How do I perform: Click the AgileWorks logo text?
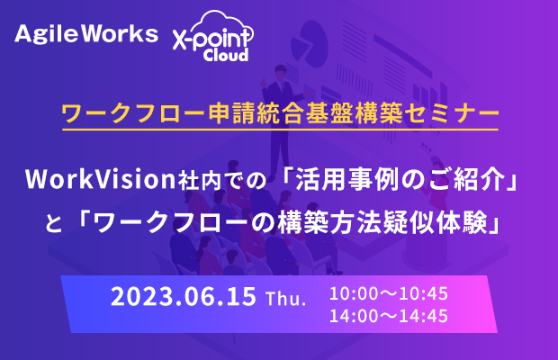tap(86, 34)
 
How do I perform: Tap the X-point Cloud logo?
tap(213, 36)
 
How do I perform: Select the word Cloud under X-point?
tap(226, 55)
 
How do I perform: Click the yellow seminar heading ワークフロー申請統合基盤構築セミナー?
tap(281, 113)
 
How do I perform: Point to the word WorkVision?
tap(101, 179)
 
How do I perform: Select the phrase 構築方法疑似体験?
tap(382, 222)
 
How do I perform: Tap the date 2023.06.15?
tap(184, 296)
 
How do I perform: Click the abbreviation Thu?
tap(286, 298)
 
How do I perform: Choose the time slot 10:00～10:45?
tap(389, 293)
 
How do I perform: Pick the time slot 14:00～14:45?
tap(389, 316)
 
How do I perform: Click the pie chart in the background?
tap(309, 44)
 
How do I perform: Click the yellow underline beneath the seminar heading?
tap(281, 130)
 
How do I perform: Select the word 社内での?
tap(222, 180)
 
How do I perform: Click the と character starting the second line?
tap(54, 224)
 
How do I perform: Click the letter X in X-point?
tap(179, 39)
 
